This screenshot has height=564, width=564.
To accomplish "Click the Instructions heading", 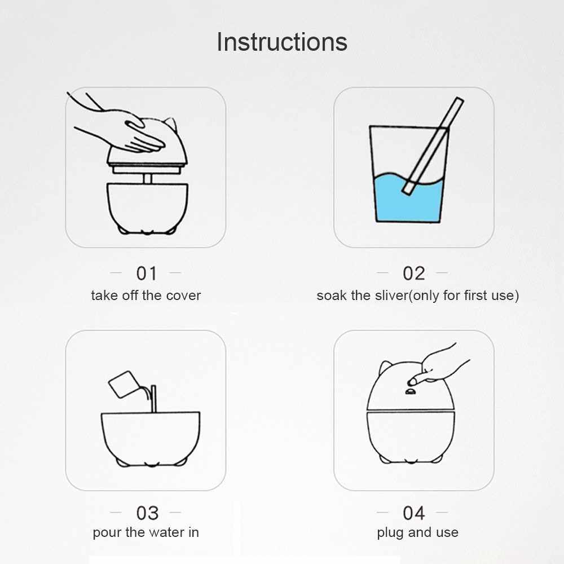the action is pos(282,42).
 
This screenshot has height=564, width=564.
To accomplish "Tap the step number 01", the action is pos(147,274).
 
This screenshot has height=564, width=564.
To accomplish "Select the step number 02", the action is pos(413,274).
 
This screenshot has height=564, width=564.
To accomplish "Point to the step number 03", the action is pos(147,513).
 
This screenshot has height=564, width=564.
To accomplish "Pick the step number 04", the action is pos(413,513).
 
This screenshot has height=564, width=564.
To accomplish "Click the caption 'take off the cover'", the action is pos(146,296).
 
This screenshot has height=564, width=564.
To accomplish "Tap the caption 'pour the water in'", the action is pos(146,532).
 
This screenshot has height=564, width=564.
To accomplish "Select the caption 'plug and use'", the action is pos(417,532).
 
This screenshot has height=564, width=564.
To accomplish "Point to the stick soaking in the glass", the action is pos(433,146).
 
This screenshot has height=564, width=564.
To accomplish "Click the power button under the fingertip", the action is pos(410,392).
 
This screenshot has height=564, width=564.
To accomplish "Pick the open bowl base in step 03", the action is pos(151,439).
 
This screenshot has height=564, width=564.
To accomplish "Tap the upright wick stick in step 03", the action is pos(153,399).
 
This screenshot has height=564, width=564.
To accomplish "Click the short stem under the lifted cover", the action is pos(147,179).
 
